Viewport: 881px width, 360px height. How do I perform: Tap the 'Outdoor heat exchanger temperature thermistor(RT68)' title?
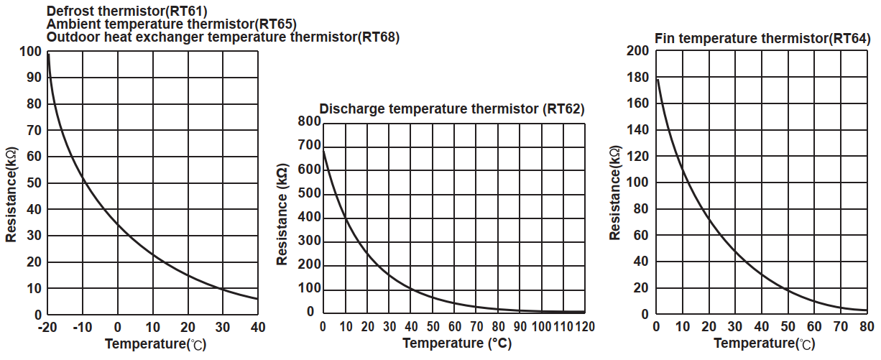(x=223, y=36)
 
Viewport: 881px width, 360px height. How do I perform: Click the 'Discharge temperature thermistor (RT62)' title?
(x=452, y=109)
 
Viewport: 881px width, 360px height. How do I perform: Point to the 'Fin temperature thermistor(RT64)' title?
(x=762, y=37)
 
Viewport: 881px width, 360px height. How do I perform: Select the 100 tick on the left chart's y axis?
(x=32, y=52)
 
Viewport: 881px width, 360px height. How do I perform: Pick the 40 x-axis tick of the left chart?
(x=257, y=328)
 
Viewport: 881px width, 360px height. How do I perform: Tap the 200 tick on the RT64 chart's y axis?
(x=638, y=51)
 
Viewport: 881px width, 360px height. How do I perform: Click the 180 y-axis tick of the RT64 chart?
(x=638, y=78)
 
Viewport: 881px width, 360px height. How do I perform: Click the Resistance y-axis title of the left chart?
(x=12, y=195)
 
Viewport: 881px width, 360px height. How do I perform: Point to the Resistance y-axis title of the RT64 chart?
(x=615, y=194)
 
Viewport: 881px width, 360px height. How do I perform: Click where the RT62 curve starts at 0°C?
(x=323, y=149)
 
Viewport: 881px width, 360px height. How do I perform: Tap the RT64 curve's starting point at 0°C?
(x=656, y=78)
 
